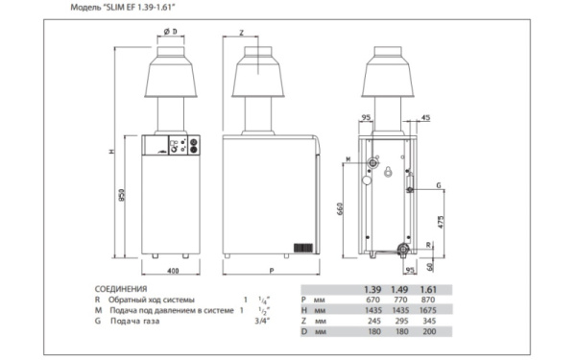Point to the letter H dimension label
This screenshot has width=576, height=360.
111,151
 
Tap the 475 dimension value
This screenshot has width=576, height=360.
441,221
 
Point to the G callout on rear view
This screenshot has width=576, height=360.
438,184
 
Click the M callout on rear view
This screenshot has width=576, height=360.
348,158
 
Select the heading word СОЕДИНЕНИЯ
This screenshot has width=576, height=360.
120,288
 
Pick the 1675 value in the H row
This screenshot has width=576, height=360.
430,309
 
